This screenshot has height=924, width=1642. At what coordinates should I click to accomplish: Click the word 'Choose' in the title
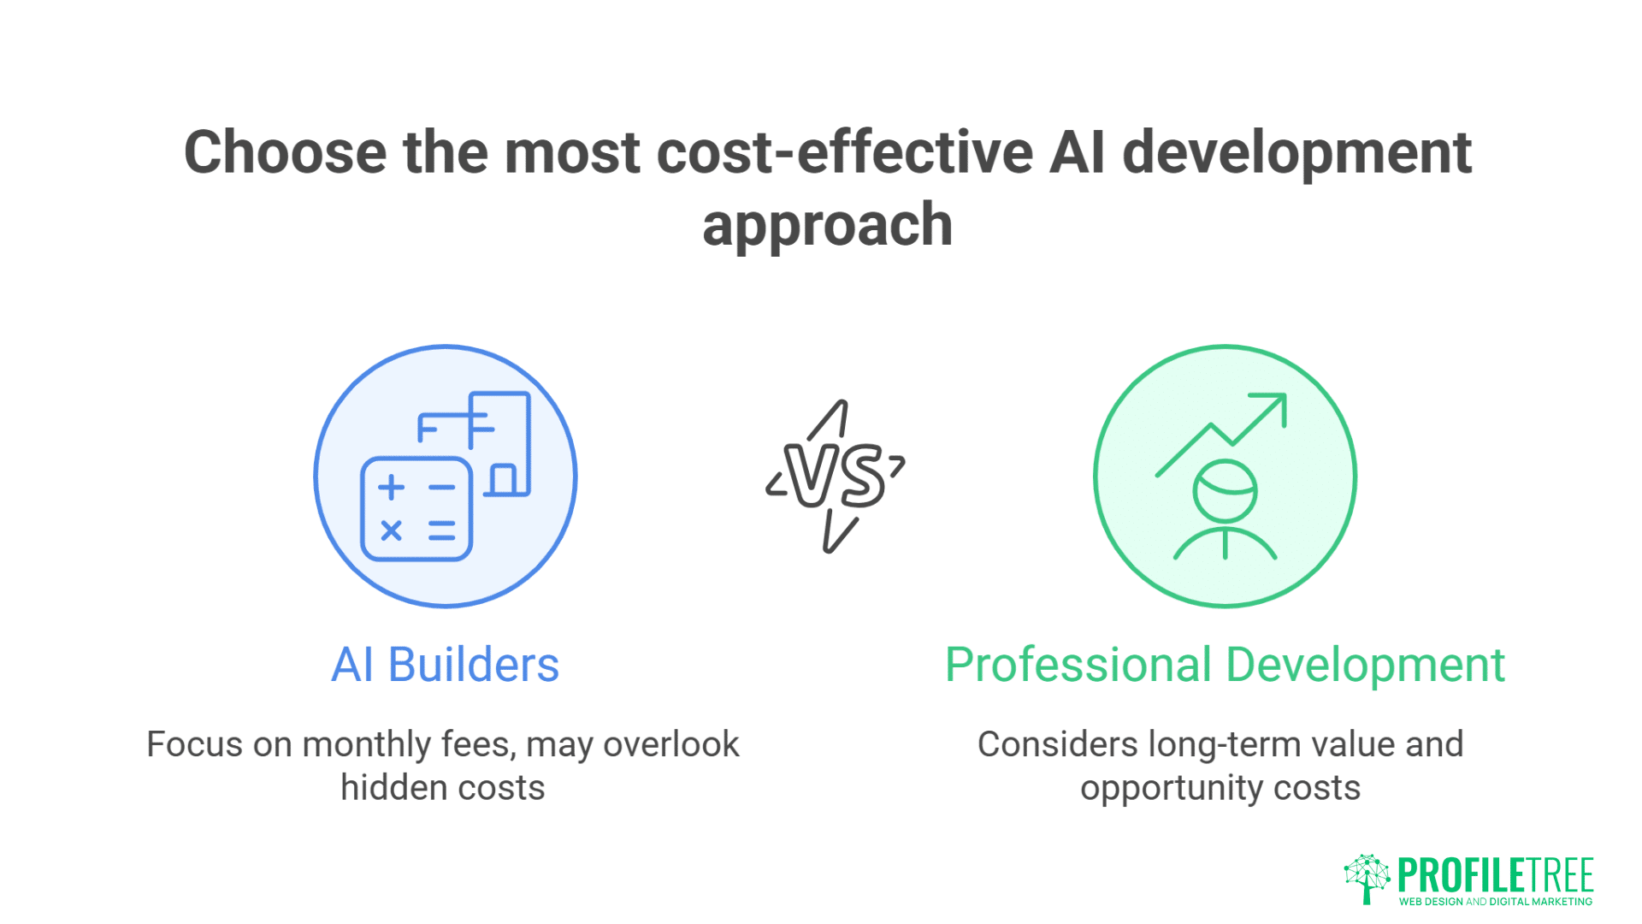tap(285, 153)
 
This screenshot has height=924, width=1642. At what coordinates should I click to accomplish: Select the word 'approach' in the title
tap(827, 225)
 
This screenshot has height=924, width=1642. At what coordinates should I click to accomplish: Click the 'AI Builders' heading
tap(445, 665)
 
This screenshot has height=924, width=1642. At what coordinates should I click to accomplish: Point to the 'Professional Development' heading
tap(1224, 665)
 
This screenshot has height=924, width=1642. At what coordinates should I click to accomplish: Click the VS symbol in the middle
tap(836, 476)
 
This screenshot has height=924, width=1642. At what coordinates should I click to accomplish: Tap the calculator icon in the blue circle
tap(416, 509)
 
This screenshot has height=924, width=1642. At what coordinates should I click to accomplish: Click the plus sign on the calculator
tap(391, 487)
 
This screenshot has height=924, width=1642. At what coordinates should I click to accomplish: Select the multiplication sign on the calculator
tap(391, 530)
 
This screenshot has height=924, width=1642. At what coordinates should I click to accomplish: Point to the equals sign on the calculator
tap(441, 530)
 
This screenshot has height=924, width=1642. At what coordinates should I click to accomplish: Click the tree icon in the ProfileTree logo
tap(1366, 878)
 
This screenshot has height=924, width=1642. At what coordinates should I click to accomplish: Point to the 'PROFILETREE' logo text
tap(1495, 874)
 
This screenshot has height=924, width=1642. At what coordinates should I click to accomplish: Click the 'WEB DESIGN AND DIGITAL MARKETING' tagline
tap(1495, 901)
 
